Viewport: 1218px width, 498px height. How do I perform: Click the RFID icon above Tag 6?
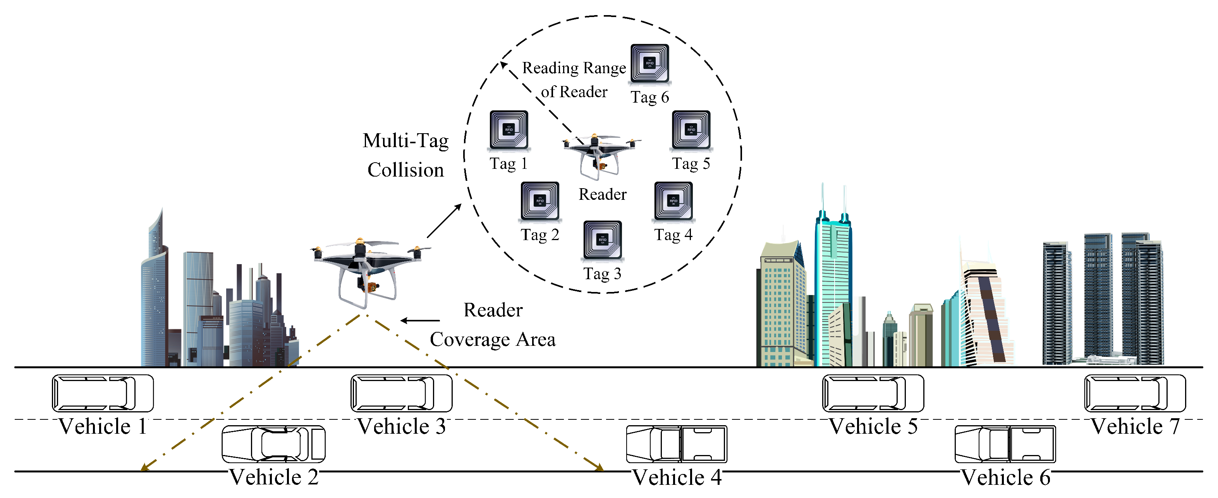pyautogui.click(x=649, y=64)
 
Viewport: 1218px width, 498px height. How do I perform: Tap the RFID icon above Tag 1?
pyautogui.click(x=509, y=130)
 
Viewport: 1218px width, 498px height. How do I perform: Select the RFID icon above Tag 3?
pyautogui.click(x=602, y=240)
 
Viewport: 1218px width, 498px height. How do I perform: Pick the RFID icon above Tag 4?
pyautogui.click(x=673, y=201)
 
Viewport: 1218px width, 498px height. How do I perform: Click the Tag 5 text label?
pyautogui.click(x=691, y=164)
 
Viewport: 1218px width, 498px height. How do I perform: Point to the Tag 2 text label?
pyautogui.click(x=539, y=235)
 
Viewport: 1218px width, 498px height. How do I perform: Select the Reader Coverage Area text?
pyautogui.click(x=493, y=325)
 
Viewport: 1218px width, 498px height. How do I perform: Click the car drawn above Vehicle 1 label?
pyautogui.click(x=103, y=393)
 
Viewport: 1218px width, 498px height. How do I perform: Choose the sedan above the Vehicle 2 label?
pyautogui.click(x=273, y=444)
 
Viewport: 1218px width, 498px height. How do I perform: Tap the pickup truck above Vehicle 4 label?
pyautogui.click(x=676, y=444)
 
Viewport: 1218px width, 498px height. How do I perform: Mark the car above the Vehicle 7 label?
pyautogui.click(x=1135, y=393)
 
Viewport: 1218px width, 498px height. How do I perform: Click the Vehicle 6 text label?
pyautogui.click(x=1005, y=477)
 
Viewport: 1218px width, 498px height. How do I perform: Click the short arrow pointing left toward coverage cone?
pyautogui.click(x=420, y=321)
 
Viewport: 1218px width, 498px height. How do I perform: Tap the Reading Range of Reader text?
pyautogui.click(x=574, y=79)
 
